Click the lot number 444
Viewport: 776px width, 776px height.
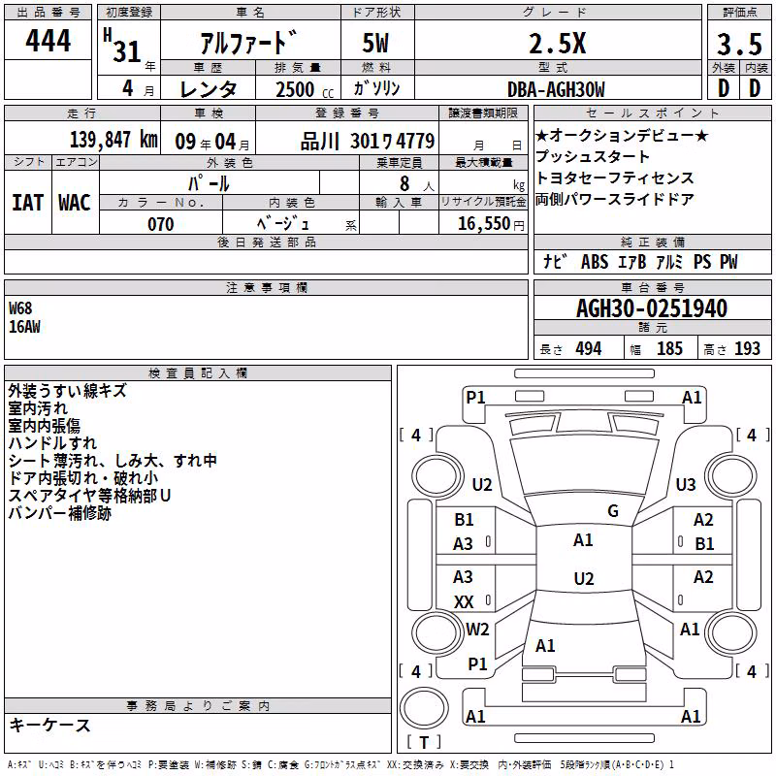coord(48,40)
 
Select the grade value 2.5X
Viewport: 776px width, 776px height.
coord(557,43)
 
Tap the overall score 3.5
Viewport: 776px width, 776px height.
coord(739,44)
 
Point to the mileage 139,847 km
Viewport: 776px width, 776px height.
coord(113,140)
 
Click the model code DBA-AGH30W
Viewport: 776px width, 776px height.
coord(556,89)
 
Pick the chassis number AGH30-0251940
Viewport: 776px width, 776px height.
coord(652,308)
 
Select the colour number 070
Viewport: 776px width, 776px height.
coord(161,224)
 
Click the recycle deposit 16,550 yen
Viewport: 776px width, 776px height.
coord(491,224)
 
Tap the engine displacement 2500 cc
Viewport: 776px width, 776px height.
coord(305,89)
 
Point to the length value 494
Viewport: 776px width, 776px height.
coord(589,348)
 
